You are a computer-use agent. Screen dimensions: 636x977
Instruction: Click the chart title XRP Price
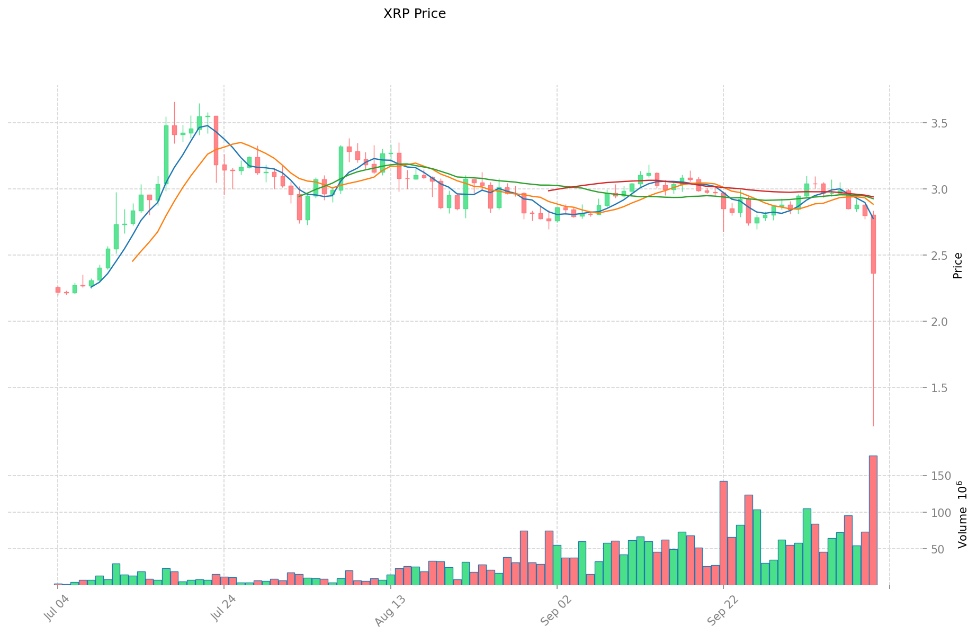[414, 14]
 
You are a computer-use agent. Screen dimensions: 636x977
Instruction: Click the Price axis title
[957, 266]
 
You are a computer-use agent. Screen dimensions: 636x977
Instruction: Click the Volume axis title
[962, 514]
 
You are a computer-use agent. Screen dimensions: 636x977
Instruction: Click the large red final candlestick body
[873, 244]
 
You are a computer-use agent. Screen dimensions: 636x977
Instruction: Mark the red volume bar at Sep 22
[723, 533]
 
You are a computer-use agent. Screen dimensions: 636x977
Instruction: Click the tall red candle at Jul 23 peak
[216, 140]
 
